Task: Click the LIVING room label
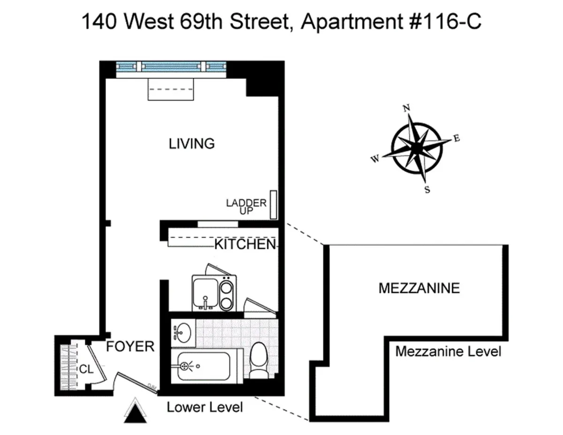tap(191, 143)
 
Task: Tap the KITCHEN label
tap(244, 244)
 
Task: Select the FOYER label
tap(130, 346)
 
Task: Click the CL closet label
tap(85, 369)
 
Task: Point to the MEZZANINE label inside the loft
tap(418, 288)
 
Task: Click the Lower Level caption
tap(205, 407)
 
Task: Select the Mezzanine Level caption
tap(448, 351)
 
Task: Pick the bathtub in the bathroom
tap(206, 367)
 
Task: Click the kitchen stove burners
tap(227, 292)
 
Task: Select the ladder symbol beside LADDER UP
tap(273, 205)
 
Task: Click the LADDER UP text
tap(246, 207)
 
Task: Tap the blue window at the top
tap(171, 67)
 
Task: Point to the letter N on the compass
tap(406, 108)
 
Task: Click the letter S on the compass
tap(427, 190)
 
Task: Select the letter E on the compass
tap(456, 138)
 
